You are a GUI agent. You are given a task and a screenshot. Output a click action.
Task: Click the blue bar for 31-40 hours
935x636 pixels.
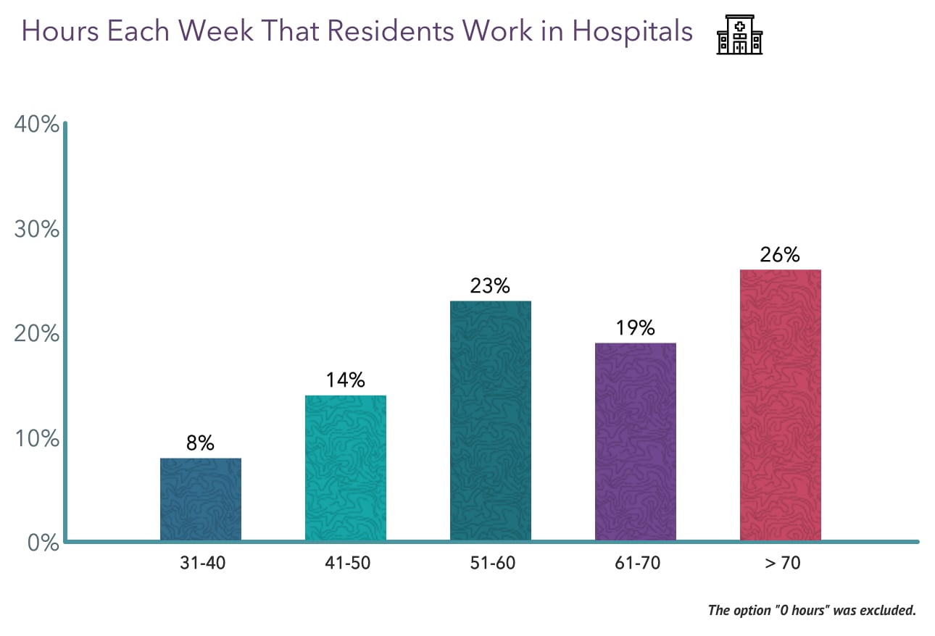[x=200, y=499]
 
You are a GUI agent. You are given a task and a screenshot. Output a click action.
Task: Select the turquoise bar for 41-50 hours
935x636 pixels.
[x=345, y=468]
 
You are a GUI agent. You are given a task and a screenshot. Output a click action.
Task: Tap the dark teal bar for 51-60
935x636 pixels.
[x=490, y=421]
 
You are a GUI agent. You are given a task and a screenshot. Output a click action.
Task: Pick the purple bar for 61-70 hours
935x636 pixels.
[x=635, y=442]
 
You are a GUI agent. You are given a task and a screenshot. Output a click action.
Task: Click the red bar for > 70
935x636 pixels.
[x=780, y=405]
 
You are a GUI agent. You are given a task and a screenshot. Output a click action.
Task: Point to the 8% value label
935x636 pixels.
[x=200, y=443]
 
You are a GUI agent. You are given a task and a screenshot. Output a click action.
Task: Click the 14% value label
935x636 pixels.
[x=345, y=380]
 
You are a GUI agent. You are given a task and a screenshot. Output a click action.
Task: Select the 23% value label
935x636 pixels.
[x=490, y=286]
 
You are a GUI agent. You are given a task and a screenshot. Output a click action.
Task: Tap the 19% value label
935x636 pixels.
[x=635, y=328]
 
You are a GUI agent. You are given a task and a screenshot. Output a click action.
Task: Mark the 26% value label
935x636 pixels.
[x=780, y=255]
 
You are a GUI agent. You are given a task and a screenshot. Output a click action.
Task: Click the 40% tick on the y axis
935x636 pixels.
[x=36, y=125]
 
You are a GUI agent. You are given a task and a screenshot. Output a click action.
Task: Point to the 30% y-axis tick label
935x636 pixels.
[x=36, y=229]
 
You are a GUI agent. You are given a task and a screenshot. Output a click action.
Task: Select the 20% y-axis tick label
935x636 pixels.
[x=36, y=334]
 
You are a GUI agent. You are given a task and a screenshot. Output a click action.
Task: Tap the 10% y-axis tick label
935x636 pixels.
[x=36, y=439]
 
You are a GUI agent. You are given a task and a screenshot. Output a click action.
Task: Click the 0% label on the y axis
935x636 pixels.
[x=42, y=543]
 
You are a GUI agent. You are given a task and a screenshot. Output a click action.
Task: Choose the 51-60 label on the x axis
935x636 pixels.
[x=490, y=563]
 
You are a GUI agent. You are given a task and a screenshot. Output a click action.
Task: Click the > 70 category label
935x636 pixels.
[x=780, y=563]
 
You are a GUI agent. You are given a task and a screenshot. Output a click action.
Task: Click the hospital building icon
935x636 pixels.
[x=739, y=33]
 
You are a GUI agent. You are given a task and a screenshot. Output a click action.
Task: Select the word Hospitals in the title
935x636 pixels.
[x=631, y=33]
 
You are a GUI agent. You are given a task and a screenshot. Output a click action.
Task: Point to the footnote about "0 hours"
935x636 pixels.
[x=812, y=610]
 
